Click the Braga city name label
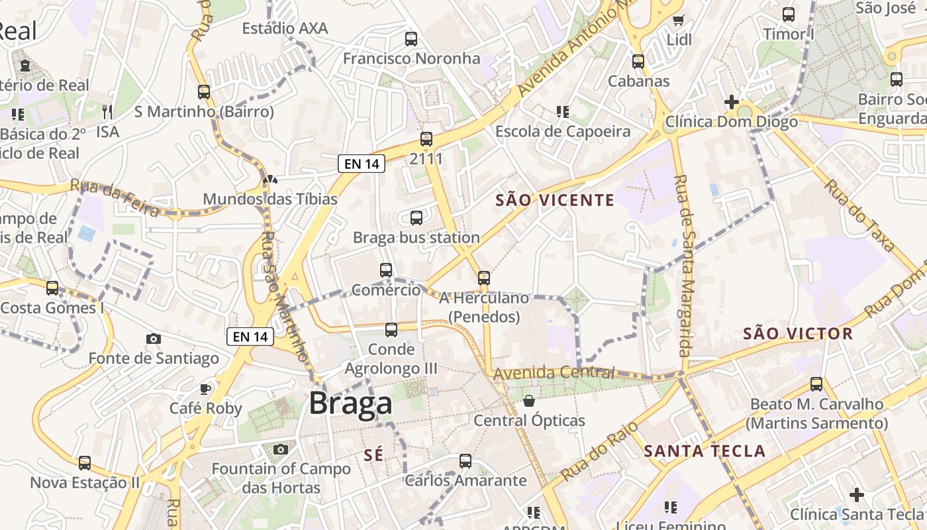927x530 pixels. click(x=350, y=403)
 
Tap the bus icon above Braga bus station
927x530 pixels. click(x=416, y=217)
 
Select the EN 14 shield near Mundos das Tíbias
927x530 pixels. click(x=362, y=164)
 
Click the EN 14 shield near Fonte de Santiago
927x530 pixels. click(x=250, y=337)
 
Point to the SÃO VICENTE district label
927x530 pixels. click(x=555, y=200)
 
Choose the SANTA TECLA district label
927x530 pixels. click(x=705, y=452)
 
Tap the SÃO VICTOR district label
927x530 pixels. click(x=798, y=333)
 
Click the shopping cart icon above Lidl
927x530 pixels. click(x=678, y=20)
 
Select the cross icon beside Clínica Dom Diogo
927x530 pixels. click(x=732, y=102)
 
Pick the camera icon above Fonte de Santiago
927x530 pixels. click(x=154, y=339)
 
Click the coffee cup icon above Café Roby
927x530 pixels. click(x=205, y=388)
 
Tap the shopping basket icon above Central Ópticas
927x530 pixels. click(x=529, y=400)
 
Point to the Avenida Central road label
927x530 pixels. click(x=554, y=373)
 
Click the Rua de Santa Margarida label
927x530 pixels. click(x=683, y=265)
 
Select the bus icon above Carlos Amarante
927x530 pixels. click(x=465, y=460)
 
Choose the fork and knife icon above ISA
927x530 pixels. click(x=107, y=111)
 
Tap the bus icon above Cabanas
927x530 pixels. click(x=638, y=61)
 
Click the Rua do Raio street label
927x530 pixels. click(x=599, y=450)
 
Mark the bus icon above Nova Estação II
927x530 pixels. click(x=85, y=462)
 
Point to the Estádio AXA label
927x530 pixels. click(x=285, y=28)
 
